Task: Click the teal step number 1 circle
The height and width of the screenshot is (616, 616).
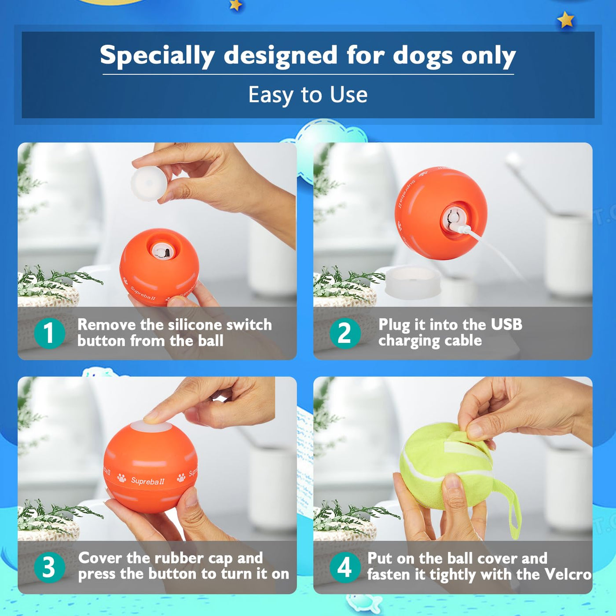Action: pyautogui.click(x=50, y=333)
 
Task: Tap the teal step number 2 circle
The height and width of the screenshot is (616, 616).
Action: pyautogui.click(x=345, y=333)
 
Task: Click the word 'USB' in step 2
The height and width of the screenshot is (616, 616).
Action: pyautogui.click(x=506, y=324)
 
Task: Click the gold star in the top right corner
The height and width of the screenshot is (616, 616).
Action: pyautogui.click(x=566, y=20)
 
